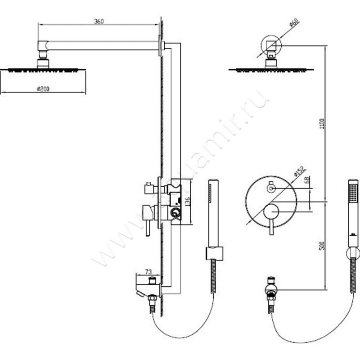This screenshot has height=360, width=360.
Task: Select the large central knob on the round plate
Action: click(271, 211)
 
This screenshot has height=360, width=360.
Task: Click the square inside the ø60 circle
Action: click(270, 45)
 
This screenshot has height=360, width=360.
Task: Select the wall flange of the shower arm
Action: click(162, 45)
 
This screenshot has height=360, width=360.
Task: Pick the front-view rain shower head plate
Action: click(270, 70)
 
